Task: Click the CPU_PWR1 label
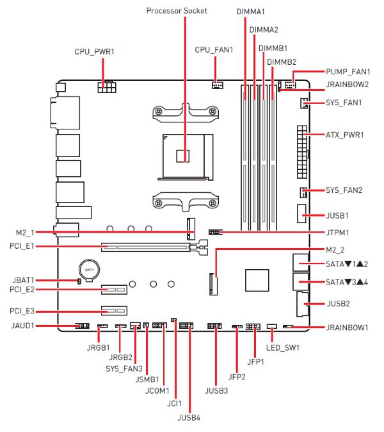[x=93, y=52]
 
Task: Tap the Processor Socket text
[x=177, y=11]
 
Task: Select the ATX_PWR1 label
[x=344, y=135]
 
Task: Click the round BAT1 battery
[x=88, y=269]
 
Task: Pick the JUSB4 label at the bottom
[x=189, y=418]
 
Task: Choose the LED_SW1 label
[x=283, y=348]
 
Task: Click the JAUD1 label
[x=23, y=326]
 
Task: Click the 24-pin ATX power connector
[x=300, y=152]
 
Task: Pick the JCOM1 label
[x=157, y=390]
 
